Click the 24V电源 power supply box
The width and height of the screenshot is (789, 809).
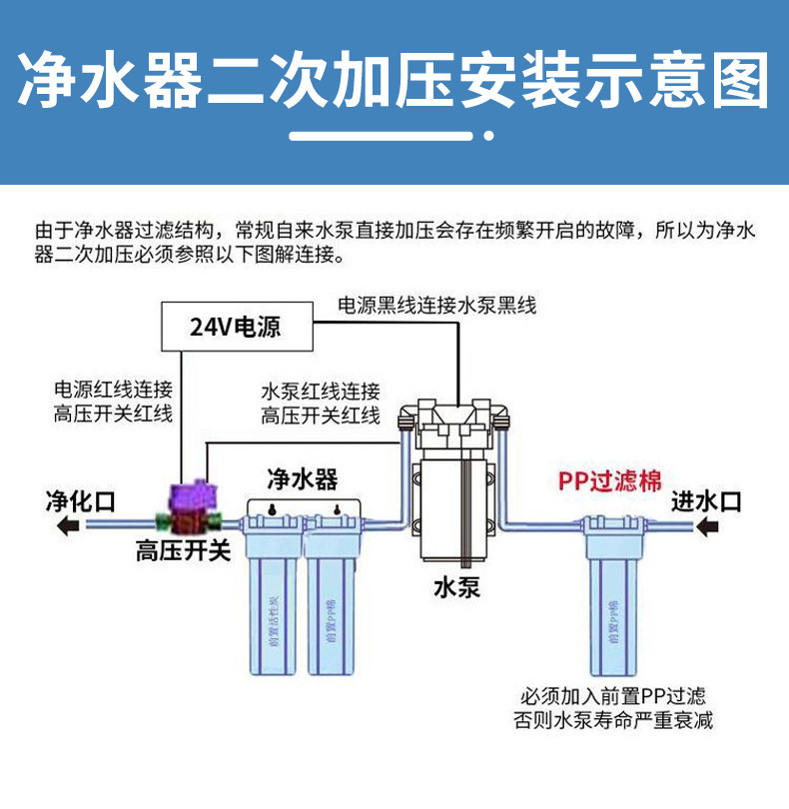pyautogui.click(x=236, y=326)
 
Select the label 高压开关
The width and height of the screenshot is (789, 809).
pyautogui.click(x=179, y=551)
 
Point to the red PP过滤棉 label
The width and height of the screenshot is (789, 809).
pyautogui.click(x=608, y=480)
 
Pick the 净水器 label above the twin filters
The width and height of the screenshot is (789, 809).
pyautogui.click(x=302, y=479)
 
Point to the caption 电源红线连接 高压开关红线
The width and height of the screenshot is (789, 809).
pyautogui.click(x=113, y=401)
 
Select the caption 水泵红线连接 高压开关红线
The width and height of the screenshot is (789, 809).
pyautogui.click(x=320, y=404)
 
